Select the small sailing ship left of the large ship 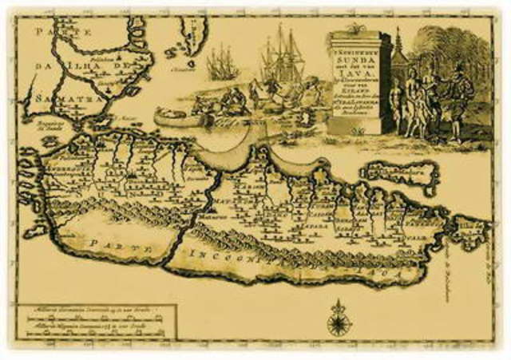[x=222, y=62]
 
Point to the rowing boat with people [x=180, y=117]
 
